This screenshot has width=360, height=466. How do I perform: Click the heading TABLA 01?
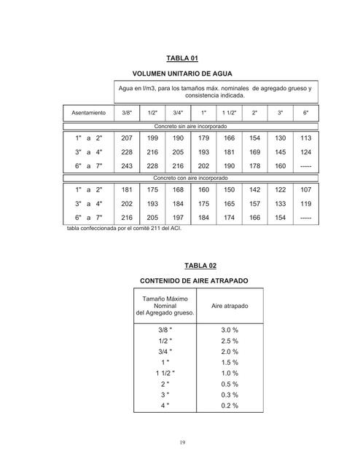(181, 58)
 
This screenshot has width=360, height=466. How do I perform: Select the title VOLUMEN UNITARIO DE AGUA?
(181, 74)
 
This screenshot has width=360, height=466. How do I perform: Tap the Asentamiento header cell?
(88, 114)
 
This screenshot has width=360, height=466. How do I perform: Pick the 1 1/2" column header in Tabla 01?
(229, 114)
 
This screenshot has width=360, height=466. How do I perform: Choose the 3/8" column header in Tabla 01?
(127, 114)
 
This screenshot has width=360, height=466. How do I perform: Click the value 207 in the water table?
(127, 138)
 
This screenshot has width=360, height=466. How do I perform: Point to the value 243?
(127, 165)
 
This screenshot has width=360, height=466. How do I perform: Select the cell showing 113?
(305, 138)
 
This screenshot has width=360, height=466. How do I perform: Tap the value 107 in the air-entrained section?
(305, 190)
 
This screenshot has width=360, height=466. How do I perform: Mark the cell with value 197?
(178, 218)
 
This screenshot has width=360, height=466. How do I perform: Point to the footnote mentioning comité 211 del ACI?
(123, 228)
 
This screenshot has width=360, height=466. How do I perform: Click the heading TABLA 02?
(181, 266)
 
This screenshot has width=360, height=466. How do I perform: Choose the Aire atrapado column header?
(230, 306)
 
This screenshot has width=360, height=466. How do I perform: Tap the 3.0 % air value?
(230, 330)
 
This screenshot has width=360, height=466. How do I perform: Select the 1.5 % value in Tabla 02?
(230, 362)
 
